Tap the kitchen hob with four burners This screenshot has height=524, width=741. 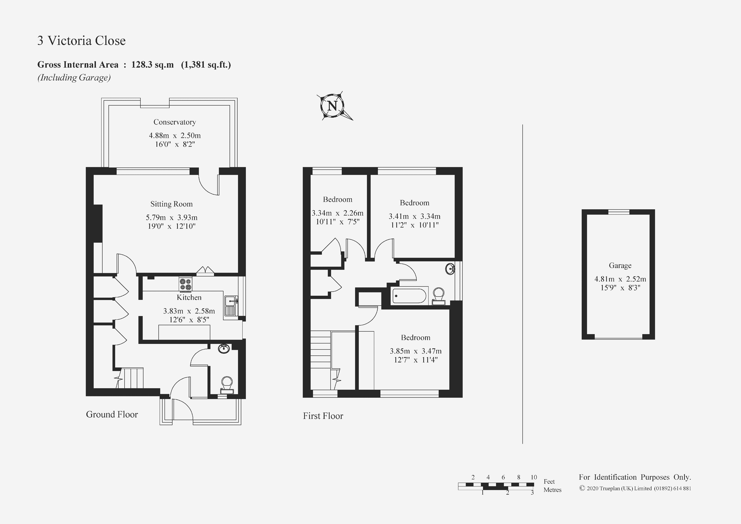click(186, 284)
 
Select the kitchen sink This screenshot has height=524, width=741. click(231, 305)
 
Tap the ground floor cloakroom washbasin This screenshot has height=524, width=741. click(224, 349)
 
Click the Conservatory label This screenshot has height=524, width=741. click(175, 122)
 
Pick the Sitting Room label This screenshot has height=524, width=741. click(171, 204)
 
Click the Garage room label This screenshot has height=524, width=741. click(620, 265)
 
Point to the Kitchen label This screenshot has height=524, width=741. click(189, 297)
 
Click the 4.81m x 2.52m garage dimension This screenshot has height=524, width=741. click(620, 279)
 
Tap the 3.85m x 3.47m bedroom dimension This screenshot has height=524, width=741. click(416, 351)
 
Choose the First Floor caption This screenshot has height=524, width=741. click(323, 416)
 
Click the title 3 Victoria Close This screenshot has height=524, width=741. click(82, 41)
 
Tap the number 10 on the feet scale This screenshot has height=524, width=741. click(534, 477)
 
